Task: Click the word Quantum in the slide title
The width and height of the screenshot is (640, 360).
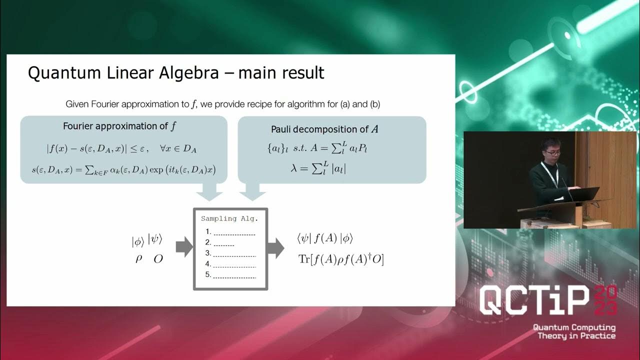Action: tap(55, 73)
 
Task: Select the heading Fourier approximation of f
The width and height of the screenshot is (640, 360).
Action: tap(119, 126)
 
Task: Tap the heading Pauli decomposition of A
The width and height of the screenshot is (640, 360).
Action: tap(324, 129)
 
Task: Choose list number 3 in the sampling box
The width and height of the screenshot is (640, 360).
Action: tap(208, 253)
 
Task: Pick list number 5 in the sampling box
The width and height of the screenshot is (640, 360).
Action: tap(208, 274)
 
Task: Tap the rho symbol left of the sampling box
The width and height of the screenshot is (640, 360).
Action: tap(139, 259)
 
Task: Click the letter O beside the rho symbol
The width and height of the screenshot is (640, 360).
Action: tap(158, 259)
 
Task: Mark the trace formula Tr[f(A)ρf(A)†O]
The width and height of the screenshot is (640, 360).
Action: tap(340, 259)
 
